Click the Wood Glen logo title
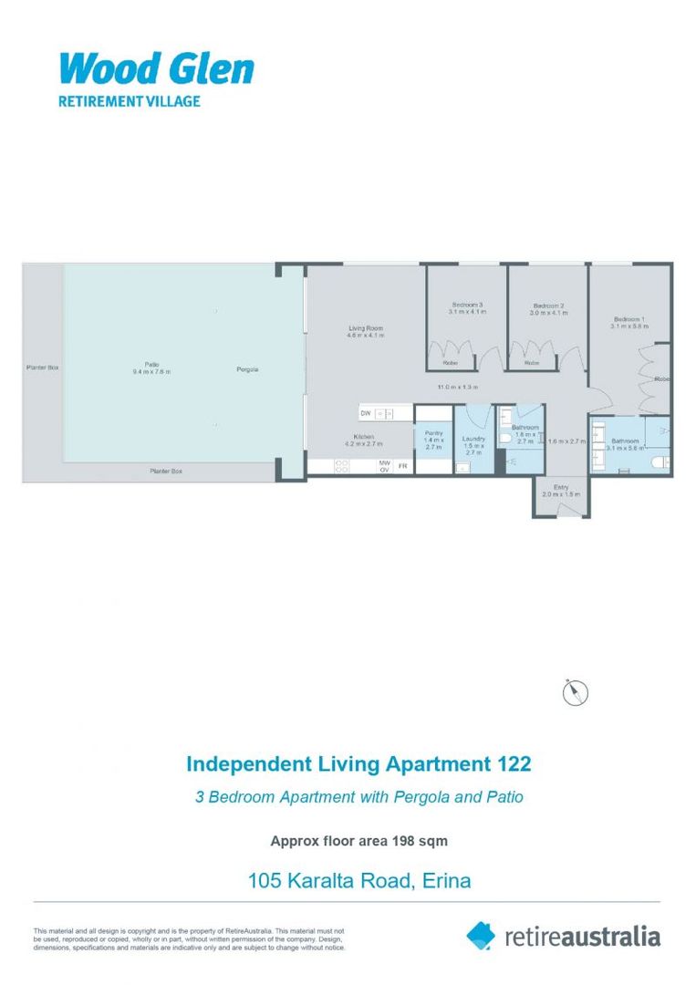[x=156, y=68]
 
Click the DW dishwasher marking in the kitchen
[x=365, y=413]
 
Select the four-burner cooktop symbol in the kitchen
[x=344, y=465]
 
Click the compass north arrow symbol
[x=576, y=692]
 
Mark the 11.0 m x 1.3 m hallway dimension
[x=457, y=387]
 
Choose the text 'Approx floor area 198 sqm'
[x=358, y=841]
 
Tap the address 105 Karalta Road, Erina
[x=359, y=881]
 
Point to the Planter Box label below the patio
[x=166, y=471]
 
